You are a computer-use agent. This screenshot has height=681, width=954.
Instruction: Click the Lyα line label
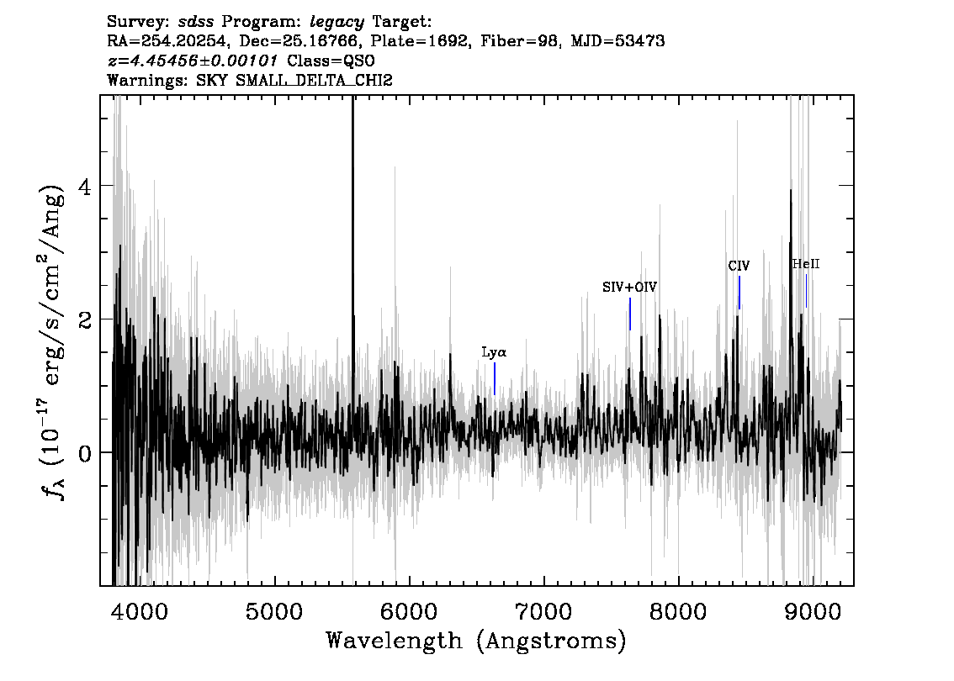click(x=494, y=352)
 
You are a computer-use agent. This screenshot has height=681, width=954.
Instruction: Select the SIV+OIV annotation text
click(x=630, y=287)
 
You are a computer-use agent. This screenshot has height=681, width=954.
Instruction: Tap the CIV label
click(x=739, y=266)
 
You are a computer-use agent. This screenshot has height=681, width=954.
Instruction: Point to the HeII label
click(x=806, y=264)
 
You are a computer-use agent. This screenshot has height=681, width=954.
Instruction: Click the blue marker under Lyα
click(x=495, y=379)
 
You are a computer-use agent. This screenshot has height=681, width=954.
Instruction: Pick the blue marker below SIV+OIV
click(x=630, y=314)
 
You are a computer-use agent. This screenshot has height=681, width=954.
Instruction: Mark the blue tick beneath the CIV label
click(x=739, y=293)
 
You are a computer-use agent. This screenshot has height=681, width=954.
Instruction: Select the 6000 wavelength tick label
click(x=409, y=612)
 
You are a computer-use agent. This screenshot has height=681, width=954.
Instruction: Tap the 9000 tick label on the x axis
click(x=813, y=612)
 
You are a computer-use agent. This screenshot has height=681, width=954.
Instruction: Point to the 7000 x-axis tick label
click(x=543, y=612)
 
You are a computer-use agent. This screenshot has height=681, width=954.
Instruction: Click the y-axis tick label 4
click(x=85, y=186)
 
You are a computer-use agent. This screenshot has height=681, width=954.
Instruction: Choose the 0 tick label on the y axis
click(x=85, y=453)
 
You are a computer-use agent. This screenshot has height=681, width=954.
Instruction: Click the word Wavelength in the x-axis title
click(x=395, y=641)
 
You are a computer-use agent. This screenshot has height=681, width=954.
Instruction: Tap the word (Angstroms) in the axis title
click(x=552, y=641)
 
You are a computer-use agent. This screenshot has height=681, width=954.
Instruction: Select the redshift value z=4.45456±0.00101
click(x=193, y=61)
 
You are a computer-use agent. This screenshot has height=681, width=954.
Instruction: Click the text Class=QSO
click(x=331, y=61)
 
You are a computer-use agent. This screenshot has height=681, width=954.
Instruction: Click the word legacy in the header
click(x=337, y=23)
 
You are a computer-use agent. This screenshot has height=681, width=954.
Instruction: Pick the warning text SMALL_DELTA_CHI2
click(x=314, y=80)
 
